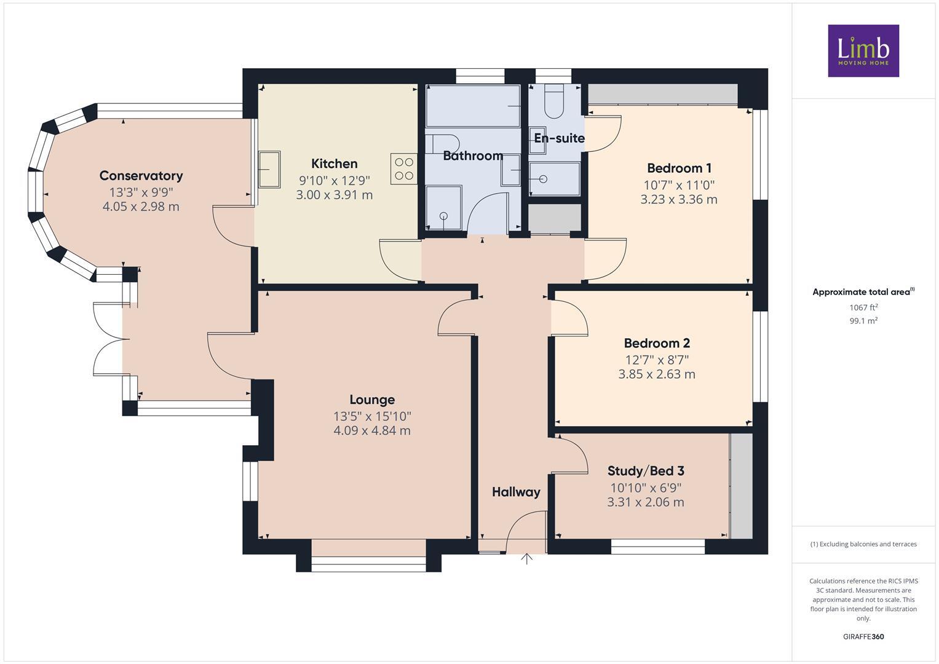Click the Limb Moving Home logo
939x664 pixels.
point(863,50)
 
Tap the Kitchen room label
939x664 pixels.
point(334,164)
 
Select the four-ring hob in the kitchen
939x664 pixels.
point(403,169)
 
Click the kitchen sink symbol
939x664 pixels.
point(269,169)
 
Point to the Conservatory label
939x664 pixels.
point(141,176)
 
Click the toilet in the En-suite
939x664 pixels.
point(554,103)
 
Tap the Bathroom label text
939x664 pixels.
point(473,156)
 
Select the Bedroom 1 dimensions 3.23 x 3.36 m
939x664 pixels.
point(678,199)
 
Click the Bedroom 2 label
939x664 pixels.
point(656,343)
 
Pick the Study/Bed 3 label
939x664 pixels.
point(645,471)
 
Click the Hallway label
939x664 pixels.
point(515,492)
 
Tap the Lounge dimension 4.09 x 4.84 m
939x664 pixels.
point(371,430)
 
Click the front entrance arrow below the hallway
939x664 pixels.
point(526,559)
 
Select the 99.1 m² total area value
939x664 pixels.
point(863,320)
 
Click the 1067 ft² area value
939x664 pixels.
point(863,307)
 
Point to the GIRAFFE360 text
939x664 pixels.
point(863,636)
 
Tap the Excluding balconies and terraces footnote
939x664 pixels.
point(863,544)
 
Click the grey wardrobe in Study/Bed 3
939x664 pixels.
point(741,486)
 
